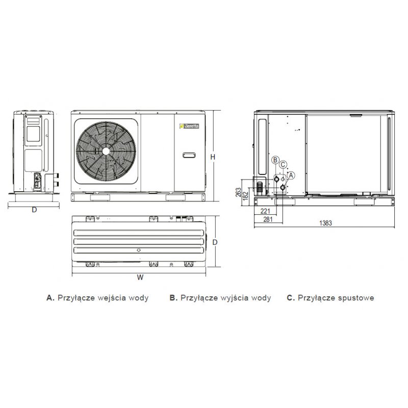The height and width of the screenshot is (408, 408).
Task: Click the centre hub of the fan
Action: coord(106,151)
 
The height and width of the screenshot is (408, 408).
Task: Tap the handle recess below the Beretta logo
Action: coord(189,154)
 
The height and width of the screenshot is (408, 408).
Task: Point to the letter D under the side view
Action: coord(34,210)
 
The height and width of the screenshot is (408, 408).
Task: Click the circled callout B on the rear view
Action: coord(275,160)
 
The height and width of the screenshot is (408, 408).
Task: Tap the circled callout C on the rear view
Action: coord(283,164)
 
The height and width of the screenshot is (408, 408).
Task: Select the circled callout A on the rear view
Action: coord(291,174)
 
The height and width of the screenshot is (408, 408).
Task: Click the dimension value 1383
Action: coord(326,223)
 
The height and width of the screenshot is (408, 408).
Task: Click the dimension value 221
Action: coord(265,210)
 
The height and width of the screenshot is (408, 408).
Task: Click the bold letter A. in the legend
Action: coord(50,298)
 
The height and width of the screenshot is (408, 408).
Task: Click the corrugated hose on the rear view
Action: coord(261,187)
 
